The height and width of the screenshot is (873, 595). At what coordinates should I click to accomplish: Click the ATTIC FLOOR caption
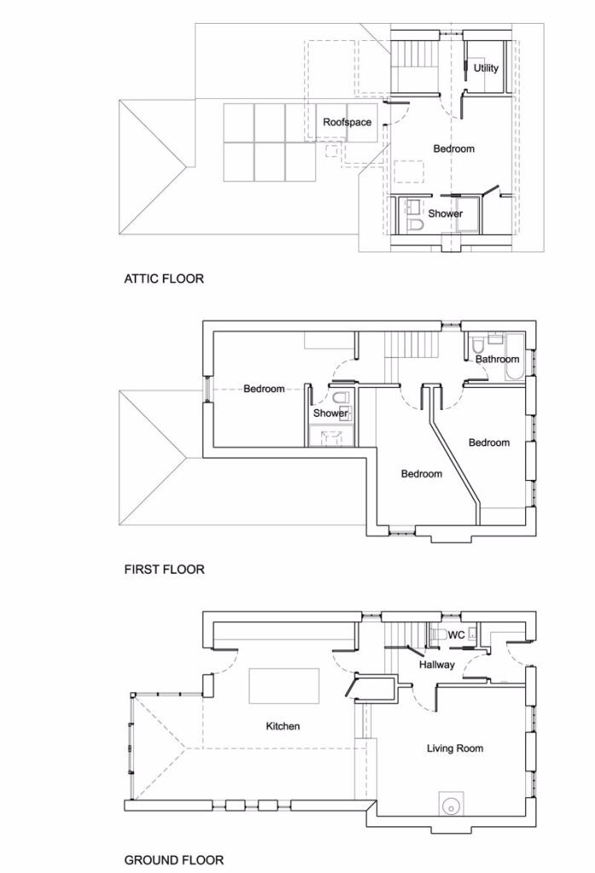coord(164,279)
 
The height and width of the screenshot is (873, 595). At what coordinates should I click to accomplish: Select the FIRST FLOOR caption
coord(165,569)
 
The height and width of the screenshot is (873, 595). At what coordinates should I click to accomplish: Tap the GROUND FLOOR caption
coord(174,860)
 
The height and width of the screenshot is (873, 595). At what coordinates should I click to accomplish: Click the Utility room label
coord(486,68)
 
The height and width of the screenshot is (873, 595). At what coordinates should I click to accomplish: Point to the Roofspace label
coord(347,123)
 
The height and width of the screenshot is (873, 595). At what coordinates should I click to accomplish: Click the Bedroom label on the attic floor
coord(453,149)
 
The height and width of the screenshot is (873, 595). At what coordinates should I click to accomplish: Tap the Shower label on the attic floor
coord(445,214)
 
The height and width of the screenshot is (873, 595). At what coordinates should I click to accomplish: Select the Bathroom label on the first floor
coord(497,359)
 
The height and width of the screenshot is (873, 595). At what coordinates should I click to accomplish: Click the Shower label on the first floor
coord(330,413)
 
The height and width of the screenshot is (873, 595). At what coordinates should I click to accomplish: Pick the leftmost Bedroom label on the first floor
coord(264,389)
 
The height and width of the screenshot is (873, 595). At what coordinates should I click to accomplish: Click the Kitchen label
coord(283,726)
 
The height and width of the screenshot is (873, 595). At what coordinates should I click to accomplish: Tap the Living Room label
coord(454,749)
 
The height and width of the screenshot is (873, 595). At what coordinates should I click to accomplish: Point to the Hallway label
coord(436,665)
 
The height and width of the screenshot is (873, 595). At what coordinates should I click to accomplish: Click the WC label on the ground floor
coord(456,635)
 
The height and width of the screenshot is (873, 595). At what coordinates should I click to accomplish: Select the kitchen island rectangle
coord(284,686)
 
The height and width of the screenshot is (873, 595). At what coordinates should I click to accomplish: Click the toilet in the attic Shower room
coord(414,226)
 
